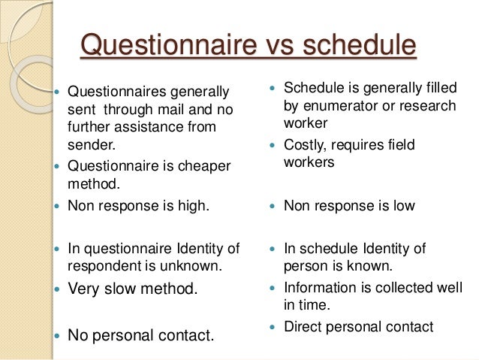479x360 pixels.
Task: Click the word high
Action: click(x=191, y=205)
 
